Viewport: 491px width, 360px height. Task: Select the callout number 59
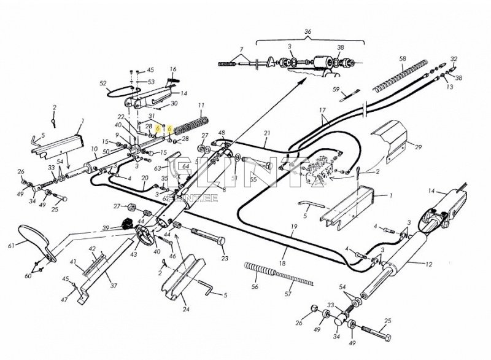[x=336, y=89]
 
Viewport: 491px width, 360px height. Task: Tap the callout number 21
[x=267, y=133]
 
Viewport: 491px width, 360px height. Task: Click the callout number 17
[x=321, y=111]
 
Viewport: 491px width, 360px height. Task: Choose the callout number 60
[x=28, y=276]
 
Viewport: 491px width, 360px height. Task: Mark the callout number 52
[x=103, y=83]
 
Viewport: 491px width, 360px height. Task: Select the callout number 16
[x=173, y=69]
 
